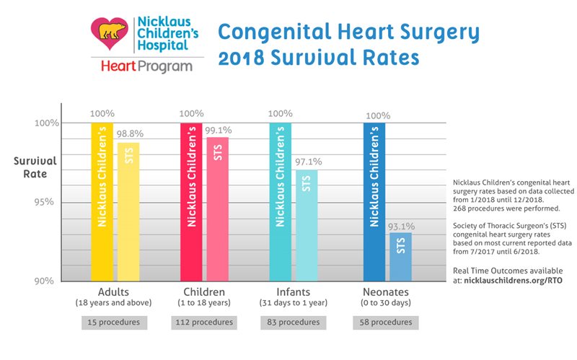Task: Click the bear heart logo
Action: pos(110,33)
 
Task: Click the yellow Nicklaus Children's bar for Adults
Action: pos(102,202)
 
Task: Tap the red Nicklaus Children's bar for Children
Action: pos(191,202)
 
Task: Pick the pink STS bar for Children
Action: pos(218,209)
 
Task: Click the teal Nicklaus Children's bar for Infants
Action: pos(281,202)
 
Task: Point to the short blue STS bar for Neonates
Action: pos(400,257)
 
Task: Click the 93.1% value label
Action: pos(402,226)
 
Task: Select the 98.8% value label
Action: pos(131,135)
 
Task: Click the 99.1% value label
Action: pos(219,129)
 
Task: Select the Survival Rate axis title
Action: pos(31,167)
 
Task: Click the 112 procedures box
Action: pos(204,322)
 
